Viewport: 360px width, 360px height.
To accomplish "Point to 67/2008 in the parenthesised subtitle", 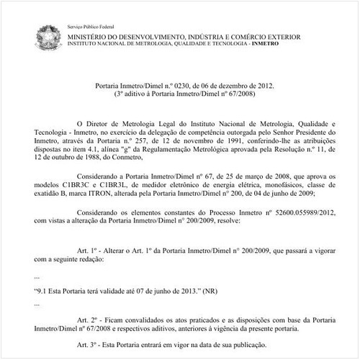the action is (x=230, y=94).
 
